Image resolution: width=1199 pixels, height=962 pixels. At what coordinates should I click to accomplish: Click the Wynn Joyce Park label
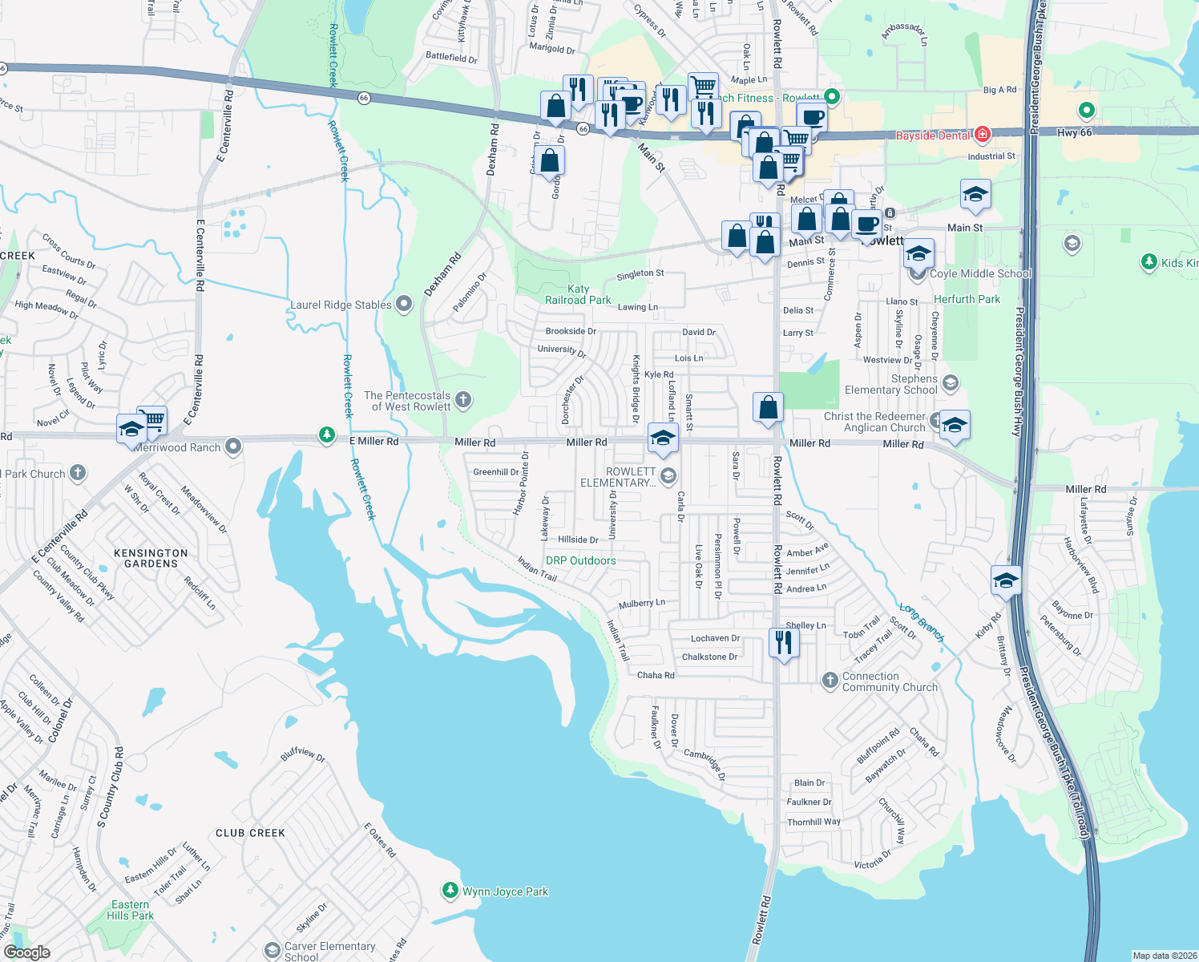click(505, 891)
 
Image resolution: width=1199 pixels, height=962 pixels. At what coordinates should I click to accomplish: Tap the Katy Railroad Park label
click(578, 294)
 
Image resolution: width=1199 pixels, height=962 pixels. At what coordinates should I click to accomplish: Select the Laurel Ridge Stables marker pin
click(404, 304)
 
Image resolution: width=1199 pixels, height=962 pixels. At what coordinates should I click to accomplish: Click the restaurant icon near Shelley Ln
click(783, 643)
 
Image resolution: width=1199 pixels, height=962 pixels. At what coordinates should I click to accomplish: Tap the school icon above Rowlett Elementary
click(663, 438)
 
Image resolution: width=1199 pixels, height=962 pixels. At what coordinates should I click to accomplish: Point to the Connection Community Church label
click(890, 681)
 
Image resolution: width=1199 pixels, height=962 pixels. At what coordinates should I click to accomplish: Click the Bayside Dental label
click(933, 135)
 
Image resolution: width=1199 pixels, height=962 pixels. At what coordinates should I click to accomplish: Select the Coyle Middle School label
click(979, 273)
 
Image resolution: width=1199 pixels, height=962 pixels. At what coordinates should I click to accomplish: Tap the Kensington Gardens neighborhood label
click(151, 558)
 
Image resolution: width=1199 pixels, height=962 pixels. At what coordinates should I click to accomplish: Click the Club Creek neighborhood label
click(250, 833)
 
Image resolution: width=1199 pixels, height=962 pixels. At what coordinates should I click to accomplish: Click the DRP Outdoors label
click(580, 560)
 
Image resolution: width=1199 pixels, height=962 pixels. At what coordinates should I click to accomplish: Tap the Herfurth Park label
click(967, 299)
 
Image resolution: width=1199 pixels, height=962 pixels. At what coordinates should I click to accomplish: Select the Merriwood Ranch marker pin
click(233, 447)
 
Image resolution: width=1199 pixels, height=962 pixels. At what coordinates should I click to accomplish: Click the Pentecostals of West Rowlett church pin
click(463, 399)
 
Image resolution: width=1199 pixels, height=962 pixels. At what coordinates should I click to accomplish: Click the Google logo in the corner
click(27, 952)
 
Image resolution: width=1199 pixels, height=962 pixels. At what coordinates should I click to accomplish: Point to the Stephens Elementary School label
click(890, 384)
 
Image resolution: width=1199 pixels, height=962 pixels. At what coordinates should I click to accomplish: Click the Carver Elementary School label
click(329, 951)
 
